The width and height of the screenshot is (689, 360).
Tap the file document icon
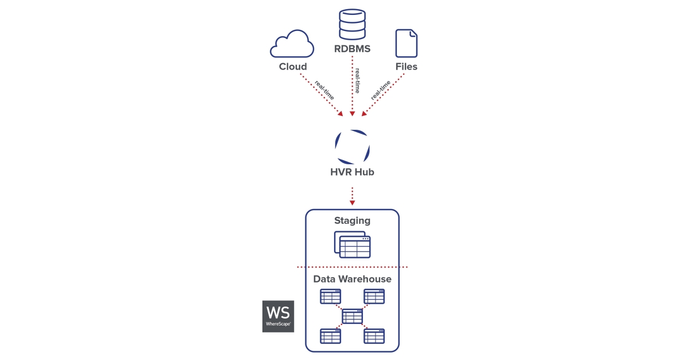pyautogui.click(x=406, y=43)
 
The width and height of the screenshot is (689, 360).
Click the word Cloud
pyautogui.click(x=293, y=67)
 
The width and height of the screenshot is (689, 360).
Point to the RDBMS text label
pyautogui.click(x=352, y=49)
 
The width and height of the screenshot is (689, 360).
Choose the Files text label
pyautogui.click(x=406, y=67)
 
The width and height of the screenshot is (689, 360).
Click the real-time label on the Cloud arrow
pyautogui.click(x=324, y=91)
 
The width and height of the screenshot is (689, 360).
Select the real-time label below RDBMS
pyautogui.click(x=357, y=80)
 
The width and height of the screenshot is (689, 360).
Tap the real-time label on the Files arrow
pyautogui.click(x=381, y=90)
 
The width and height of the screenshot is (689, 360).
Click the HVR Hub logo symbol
pyautogui.click(x=352, y=146)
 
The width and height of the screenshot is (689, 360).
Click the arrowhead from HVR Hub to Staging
pyautogui.click(x=352, y=202)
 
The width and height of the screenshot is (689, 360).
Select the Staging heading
pyautogui.click(x=352, y=220)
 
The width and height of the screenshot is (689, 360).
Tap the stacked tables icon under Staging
pyautogui.click(x=352, y=245)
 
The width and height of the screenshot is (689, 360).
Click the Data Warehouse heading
pyautogui.click(x=352, y=279)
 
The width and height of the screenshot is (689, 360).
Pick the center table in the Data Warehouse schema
pyautogui.click(x=352, y=316)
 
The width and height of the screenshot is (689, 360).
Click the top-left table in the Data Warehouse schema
pyautogui.click(x=330, y=297)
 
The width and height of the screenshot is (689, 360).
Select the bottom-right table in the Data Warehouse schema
pyautogui.click(x=374, y=336)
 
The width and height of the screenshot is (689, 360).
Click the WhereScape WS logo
pyautogui.click(x=278, y=316)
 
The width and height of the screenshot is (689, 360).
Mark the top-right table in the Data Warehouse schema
pyautogui.click(x=374, y=297)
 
